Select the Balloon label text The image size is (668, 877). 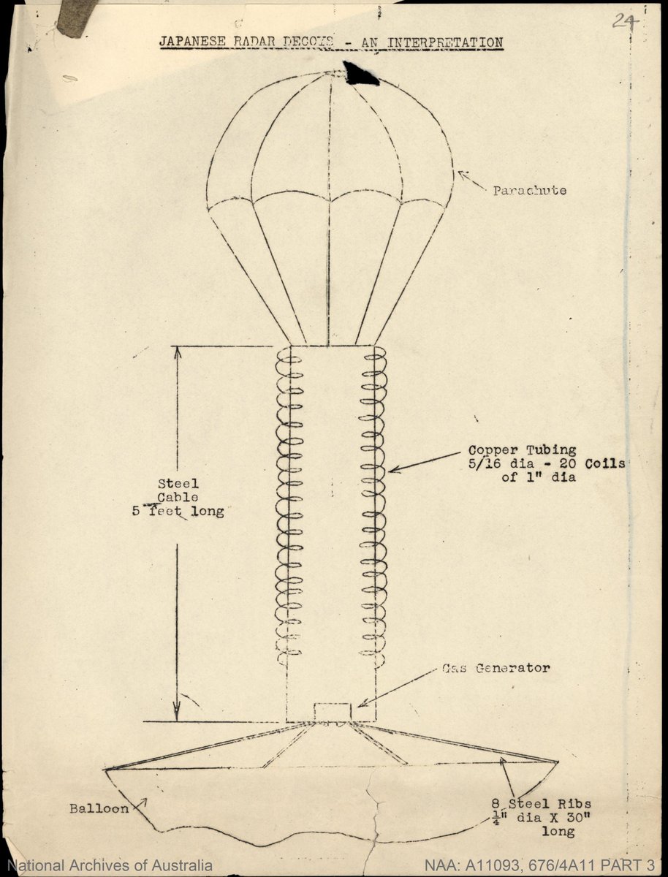coord(99,808)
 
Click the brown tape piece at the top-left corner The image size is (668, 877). coord(77,16)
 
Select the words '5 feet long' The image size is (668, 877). coord(177,512)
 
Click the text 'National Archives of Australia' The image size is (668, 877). coord(110,865)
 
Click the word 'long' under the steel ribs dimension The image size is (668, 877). coord(558,832)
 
